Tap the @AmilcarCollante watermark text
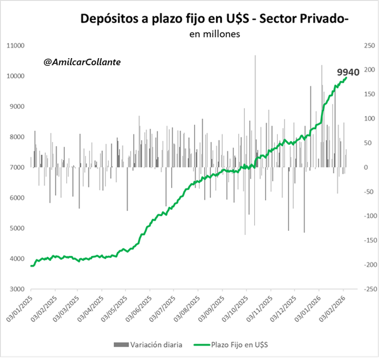(x=82, y=62)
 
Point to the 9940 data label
(x=348, y=72)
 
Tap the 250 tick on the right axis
(x=369, y=46)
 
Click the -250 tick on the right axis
(x=370, y=289)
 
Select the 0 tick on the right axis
(x=365, y=168)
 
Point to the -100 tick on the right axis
(x=370, y=216)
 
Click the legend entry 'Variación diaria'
(x=155, y=344)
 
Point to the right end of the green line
(x=347, y=78)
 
